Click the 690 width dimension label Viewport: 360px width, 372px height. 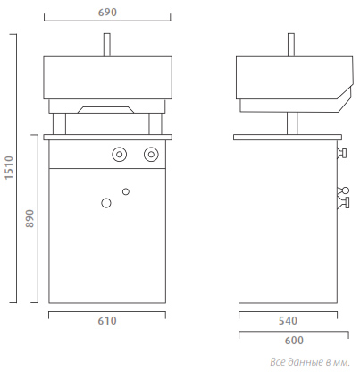coord(107,13)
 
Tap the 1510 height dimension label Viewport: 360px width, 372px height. coord(9,167)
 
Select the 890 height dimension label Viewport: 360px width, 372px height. coord(29,219)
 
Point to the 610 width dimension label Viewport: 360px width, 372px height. coord(107,321)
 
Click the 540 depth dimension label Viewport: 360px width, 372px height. coord(288,321)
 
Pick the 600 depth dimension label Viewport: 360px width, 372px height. coord(294,341)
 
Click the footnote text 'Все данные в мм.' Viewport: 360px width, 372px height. coord(310,362)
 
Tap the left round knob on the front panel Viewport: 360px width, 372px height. coord(120,155)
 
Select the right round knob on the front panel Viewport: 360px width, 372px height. coord(151,155)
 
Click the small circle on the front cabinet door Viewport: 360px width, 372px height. coord(126,191)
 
